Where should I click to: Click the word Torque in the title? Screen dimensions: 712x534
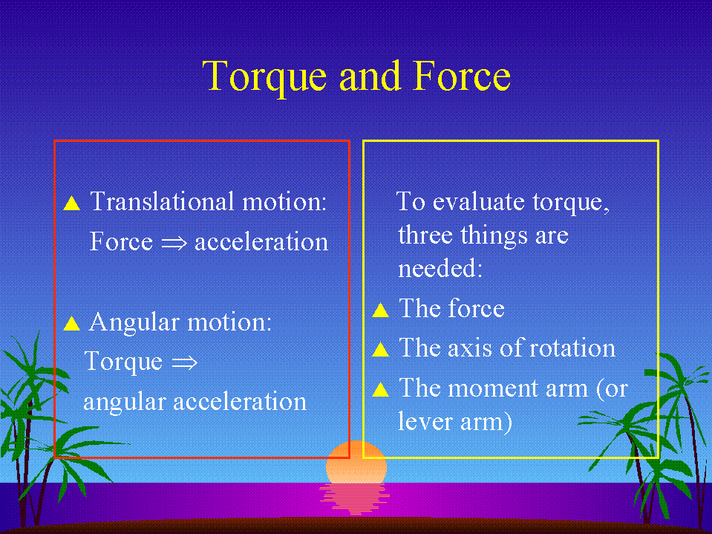(x=264, y=78)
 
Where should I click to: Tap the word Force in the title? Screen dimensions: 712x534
(x=462, y=76)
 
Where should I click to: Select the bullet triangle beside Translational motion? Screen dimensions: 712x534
(x=72, y=203)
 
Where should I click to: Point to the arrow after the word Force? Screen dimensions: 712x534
(x=174, y=242)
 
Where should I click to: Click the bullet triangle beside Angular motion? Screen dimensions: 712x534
(x=72, y=323)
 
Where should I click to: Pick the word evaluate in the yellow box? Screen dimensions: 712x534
(x=478, y=201)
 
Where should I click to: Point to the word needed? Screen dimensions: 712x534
(x=440, y=268)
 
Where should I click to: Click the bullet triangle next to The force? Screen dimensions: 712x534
(x=381, y=310)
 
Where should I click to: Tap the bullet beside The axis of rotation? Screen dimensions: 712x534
(x=381, y=349)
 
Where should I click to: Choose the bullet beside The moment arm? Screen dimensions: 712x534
(x=381, y=390)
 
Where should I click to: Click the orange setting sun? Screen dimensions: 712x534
(x=356, y=462)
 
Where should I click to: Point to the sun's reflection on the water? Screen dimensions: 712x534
(x=355, y=498)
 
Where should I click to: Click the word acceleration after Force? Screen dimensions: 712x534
(x=261, y=242)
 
